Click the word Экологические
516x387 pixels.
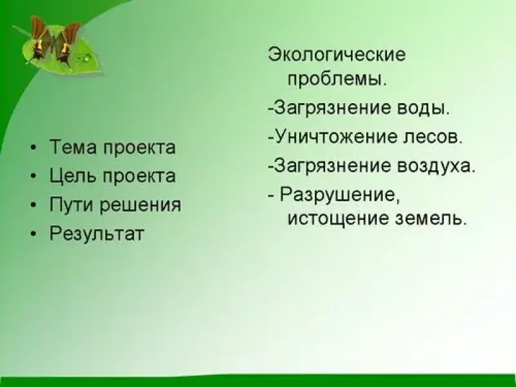click(337, 55)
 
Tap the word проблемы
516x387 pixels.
click(337, 79)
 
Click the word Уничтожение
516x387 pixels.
click(335, 136)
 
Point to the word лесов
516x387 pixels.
click(433, 136)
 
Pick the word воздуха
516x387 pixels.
click(437, 164)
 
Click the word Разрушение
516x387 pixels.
click(340, 195)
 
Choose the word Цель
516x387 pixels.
click(74, 175)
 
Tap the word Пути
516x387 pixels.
click(72, 204)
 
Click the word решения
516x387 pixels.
click(141, 204)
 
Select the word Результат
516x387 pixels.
click(97, 233)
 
